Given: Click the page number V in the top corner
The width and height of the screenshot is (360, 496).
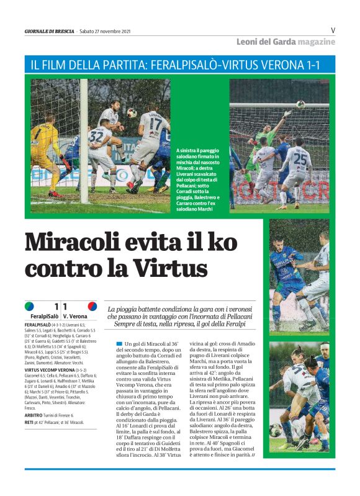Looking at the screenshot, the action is (x=333, y=30).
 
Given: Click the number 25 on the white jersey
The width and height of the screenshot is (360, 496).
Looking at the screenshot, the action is (x=300, y=158).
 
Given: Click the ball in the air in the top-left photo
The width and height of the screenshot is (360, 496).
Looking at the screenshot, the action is (x=131, y=112).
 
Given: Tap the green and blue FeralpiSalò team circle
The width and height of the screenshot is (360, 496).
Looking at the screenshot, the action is (x=29, y=306).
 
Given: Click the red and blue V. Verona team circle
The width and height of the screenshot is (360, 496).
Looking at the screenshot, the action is (x=92, y=306).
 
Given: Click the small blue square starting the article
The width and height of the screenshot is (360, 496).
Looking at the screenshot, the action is (x=119, y=343).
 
